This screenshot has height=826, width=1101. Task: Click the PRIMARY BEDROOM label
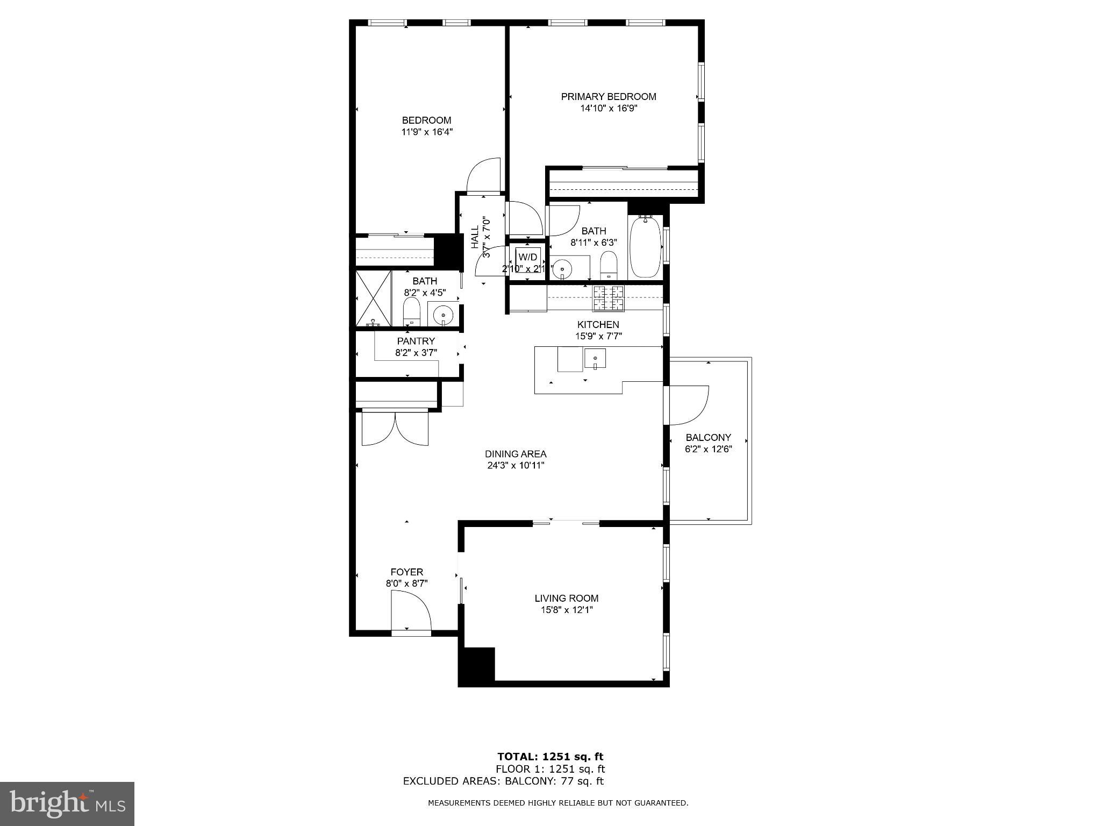(x=609, y=97)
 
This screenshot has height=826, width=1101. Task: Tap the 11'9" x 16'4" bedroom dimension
(x=427, y=132)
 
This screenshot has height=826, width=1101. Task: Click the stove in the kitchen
(x=609, y=298)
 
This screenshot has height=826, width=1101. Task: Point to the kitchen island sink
(x=595, y=358)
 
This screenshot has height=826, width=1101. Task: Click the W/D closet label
(x=527, y=257)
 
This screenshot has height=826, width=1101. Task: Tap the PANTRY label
(x=416, y=341)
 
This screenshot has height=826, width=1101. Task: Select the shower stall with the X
(x=374, y=298)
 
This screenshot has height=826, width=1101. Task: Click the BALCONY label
(x=708, y=438)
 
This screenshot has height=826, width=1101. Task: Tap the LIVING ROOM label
(x=566, y=598)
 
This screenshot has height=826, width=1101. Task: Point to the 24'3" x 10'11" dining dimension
(x=516, y=466)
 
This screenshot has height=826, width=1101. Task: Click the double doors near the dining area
(x=395, y=428)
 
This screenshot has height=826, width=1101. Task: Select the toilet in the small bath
(x=411, y=312)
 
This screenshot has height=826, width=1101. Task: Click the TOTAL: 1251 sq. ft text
(x=550, y=757)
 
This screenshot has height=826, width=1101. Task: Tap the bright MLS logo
(x=67, y=803)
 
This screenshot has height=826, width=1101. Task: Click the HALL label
(x=475, y=237)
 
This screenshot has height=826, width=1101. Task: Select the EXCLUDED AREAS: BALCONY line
(x=503, y=781)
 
